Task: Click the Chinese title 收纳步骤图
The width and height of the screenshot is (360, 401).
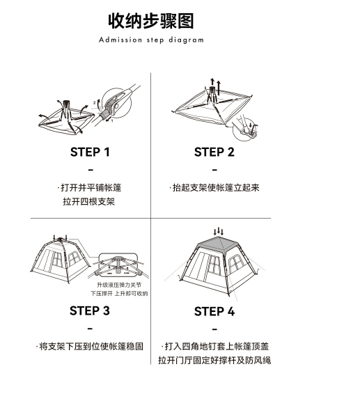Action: [x=151, y=21]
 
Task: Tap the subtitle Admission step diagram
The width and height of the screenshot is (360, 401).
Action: [x=151, y=40]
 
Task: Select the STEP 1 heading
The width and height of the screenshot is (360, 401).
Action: [x=90, y=152]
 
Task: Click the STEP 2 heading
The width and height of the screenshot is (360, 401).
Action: [x=214, y=152]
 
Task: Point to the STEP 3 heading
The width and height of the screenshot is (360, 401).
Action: [x=90, y=310]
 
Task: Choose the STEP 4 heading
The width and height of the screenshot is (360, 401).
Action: [x=214, y=311]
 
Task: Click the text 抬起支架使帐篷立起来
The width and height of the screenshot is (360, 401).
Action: [x=214, y=188]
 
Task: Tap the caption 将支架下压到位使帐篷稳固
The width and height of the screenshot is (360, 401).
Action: [x=90, y=347]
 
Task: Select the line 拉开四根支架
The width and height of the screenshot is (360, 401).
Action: [x=89, y=201]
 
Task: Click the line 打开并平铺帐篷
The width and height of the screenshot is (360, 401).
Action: [x=89, y=188]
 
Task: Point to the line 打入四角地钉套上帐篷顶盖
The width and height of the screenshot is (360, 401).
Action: [x=215, y=347]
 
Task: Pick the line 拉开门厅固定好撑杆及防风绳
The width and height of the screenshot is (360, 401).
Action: [x=214, y=361]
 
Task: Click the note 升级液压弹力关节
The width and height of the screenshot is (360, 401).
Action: [x=119, y=285]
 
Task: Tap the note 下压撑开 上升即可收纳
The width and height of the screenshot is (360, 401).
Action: [x=119, y=293]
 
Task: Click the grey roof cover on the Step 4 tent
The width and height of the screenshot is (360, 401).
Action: [x=219, y=244]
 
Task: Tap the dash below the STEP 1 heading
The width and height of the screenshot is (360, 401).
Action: [x=91, y=170]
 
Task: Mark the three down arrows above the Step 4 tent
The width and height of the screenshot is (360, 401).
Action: [x=218, y=231]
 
